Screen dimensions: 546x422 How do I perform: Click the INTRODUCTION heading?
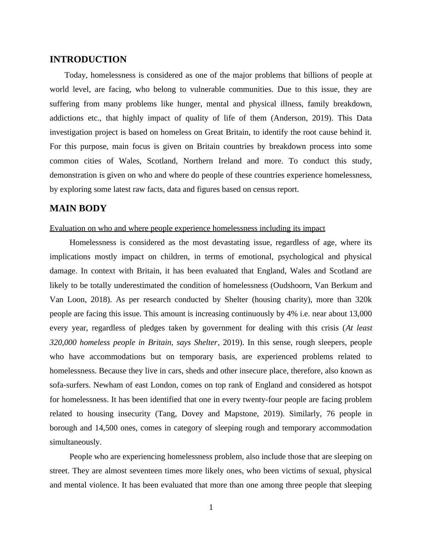coord(88,60)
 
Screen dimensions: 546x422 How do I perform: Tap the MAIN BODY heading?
coord(78,208)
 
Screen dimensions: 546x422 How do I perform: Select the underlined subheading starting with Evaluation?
coord(187,228)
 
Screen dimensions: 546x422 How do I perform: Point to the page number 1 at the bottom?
coord(211,508)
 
